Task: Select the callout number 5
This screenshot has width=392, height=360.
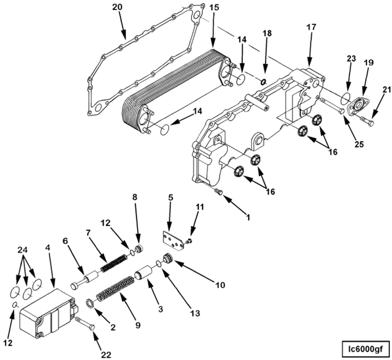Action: [x=171, y=197]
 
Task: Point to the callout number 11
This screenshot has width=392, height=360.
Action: [x=200, y=207]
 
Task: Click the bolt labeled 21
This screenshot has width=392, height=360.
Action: [x=367, y=123]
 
